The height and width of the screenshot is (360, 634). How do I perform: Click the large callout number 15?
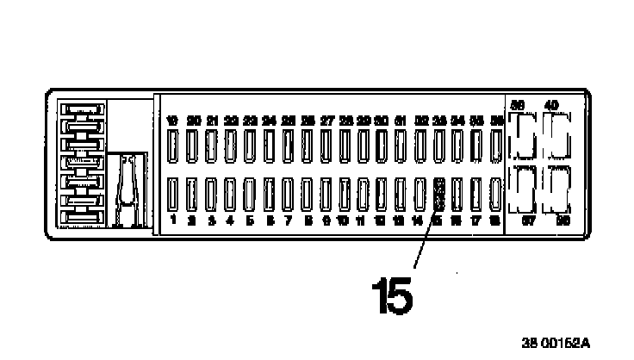[393, 295]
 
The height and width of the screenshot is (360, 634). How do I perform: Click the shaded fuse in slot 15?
[439, 195]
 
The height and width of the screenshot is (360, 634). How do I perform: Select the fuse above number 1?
[174, 195]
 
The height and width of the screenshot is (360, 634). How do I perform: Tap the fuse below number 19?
[174, 145]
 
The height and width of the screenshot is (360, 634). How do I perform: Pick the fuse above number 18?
[496, 195]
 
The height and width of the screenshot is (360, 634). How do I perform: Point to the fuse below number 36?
[496, 145]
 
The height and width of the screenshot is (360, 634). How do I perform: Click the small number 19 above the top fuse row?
[173, 121]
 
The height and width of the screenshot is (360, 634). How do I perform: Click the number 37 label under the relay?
[519, 220]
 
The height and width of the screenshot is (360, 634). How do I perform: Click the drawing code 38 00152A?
[556, 342]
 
